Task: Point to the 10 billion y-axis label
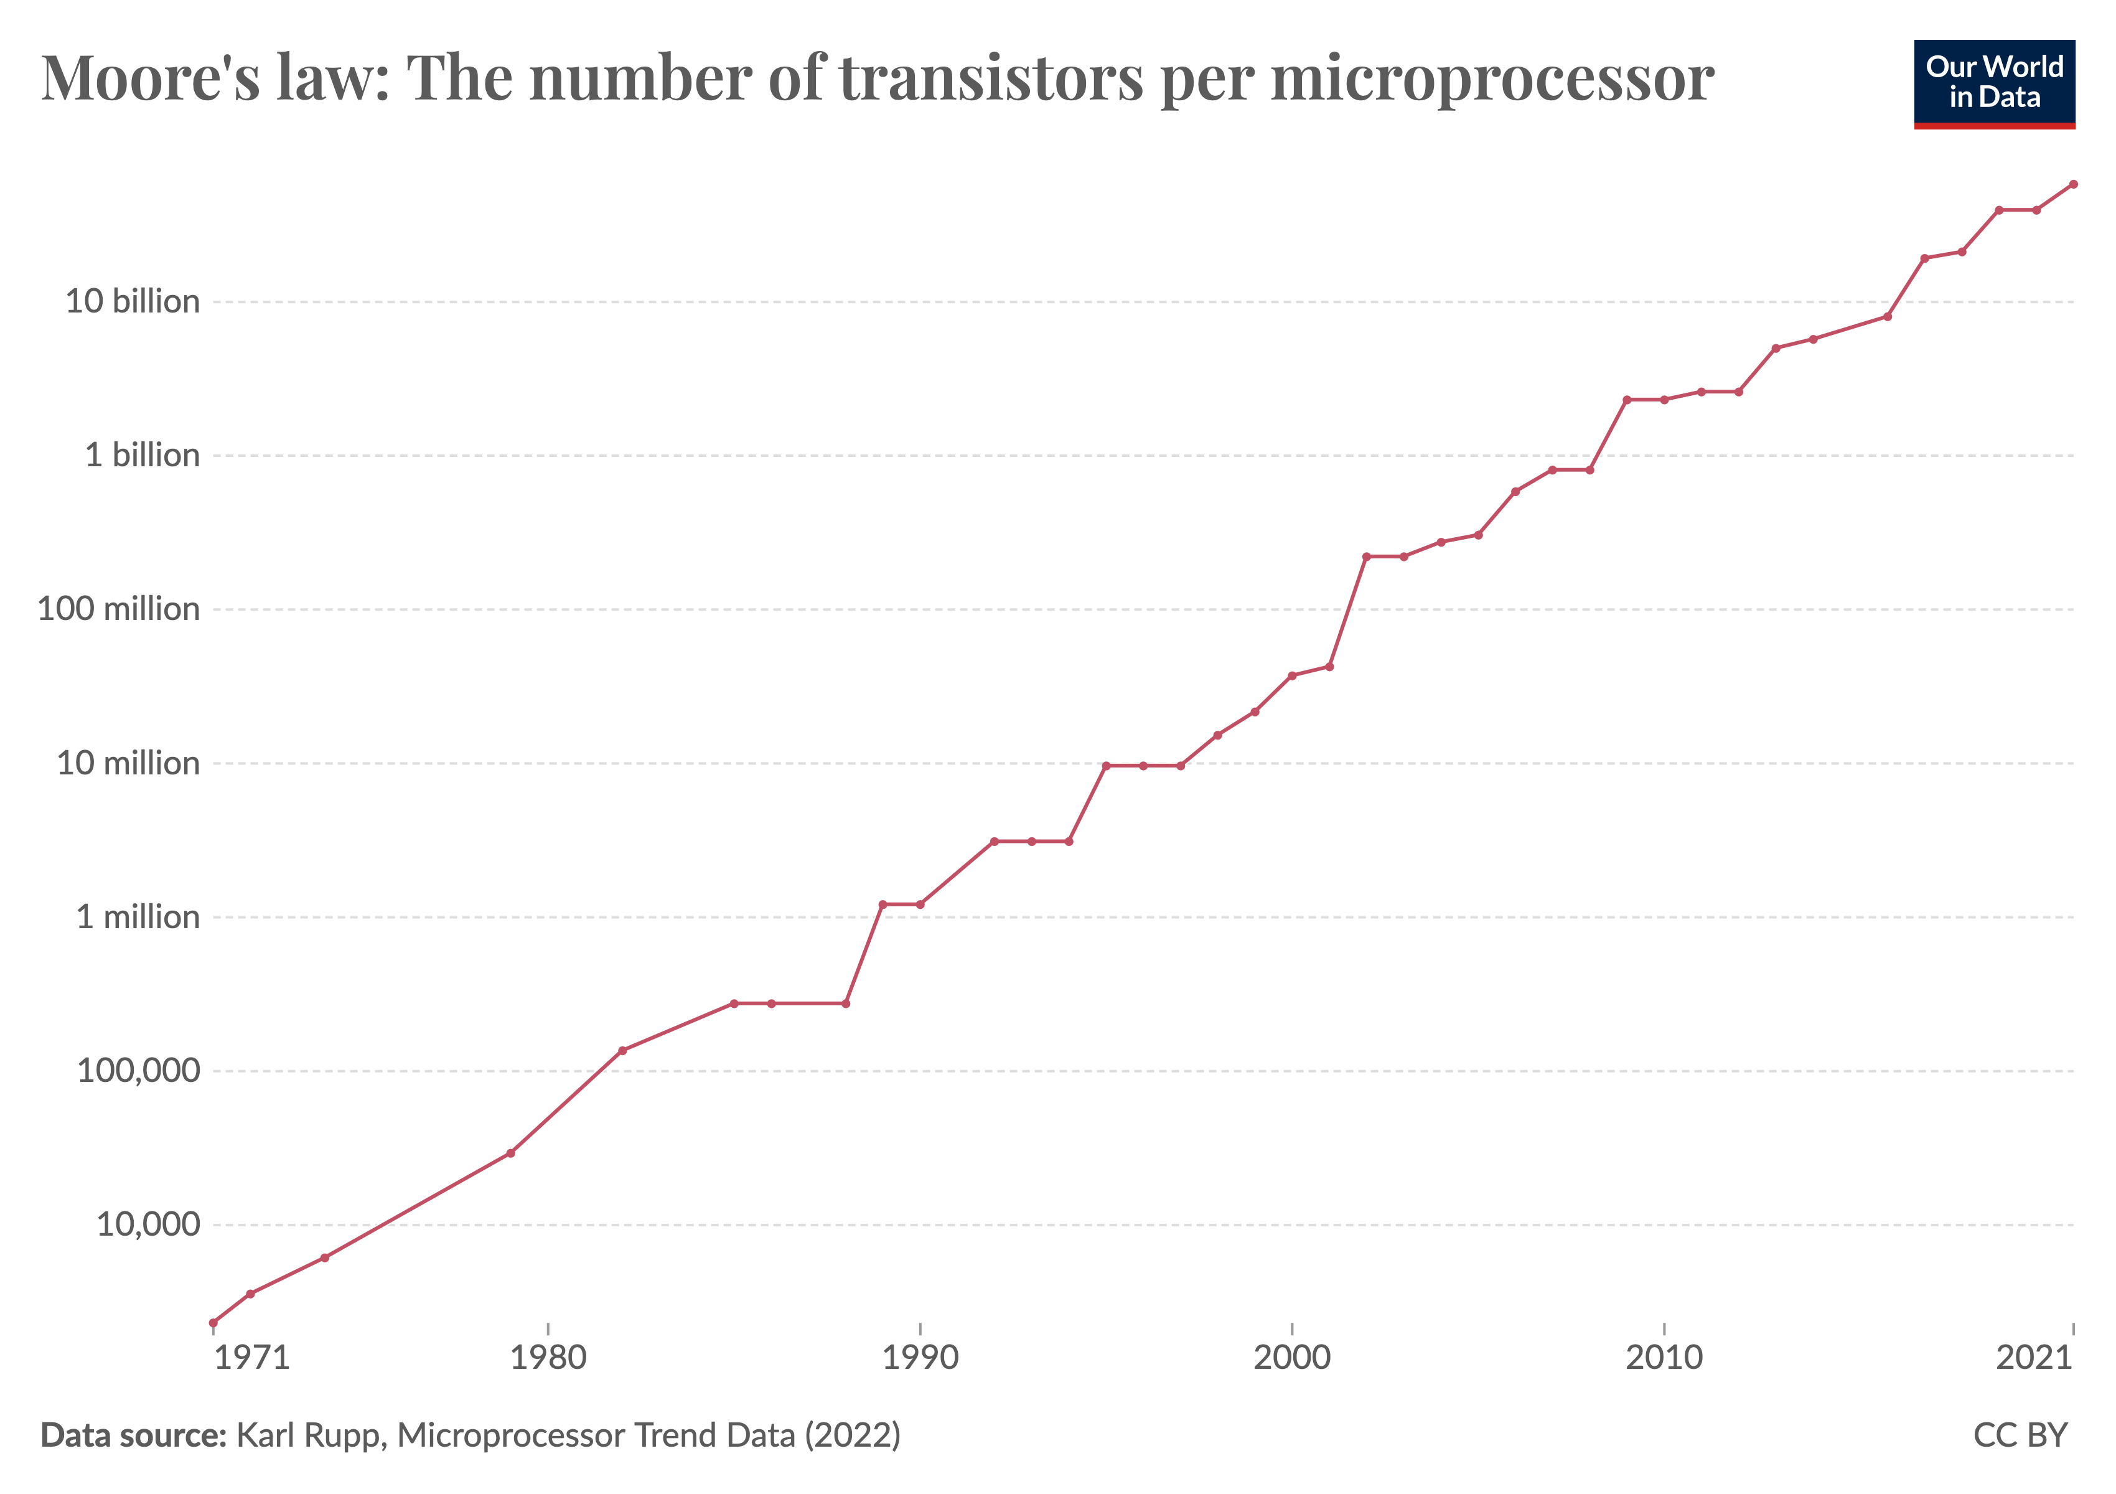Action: [x=132, y=301]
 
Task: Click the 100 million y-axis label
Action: [x=118, y=609]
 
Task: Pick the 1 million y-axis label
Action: [x=138, y=917]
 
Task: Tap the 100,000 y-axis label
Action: [x=138, y=1071]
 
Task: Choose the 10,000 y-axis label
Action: [x=147, y=1225]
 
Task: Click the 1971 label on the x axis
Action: [x=251, y=1358]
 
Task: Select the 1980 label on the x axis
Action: [x=548, y=1358]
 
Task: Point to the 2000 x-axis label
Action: [x=1292, y=1358]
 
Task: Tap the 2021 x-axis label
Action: [x=2034, y=1358]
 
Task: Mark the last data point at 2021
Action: [x=2074, y=184]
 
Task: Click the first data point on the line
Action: [x=214, y=1323]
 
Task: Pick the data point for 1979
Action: [x=510, y=1153]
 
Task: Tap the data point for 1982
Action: [x=622, y=1051]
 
